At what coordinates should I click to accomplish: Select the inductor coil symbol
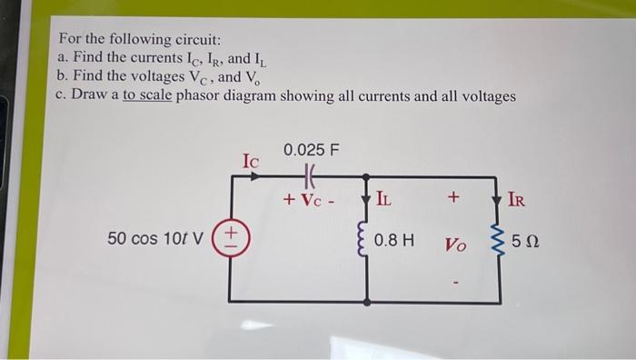point(366,240)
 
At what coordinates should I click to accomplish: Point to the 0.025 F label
point(311,149)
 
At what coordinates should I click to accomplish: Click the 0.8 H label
point(394,241)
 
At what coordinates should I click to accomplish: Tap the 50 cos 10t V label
point(157,239)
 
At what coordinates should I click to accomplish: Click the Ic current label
point(251,161)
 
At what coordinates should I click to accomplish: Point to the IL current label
point(385,198)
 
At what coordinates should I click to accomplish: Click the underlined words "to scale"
point(147,96)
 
